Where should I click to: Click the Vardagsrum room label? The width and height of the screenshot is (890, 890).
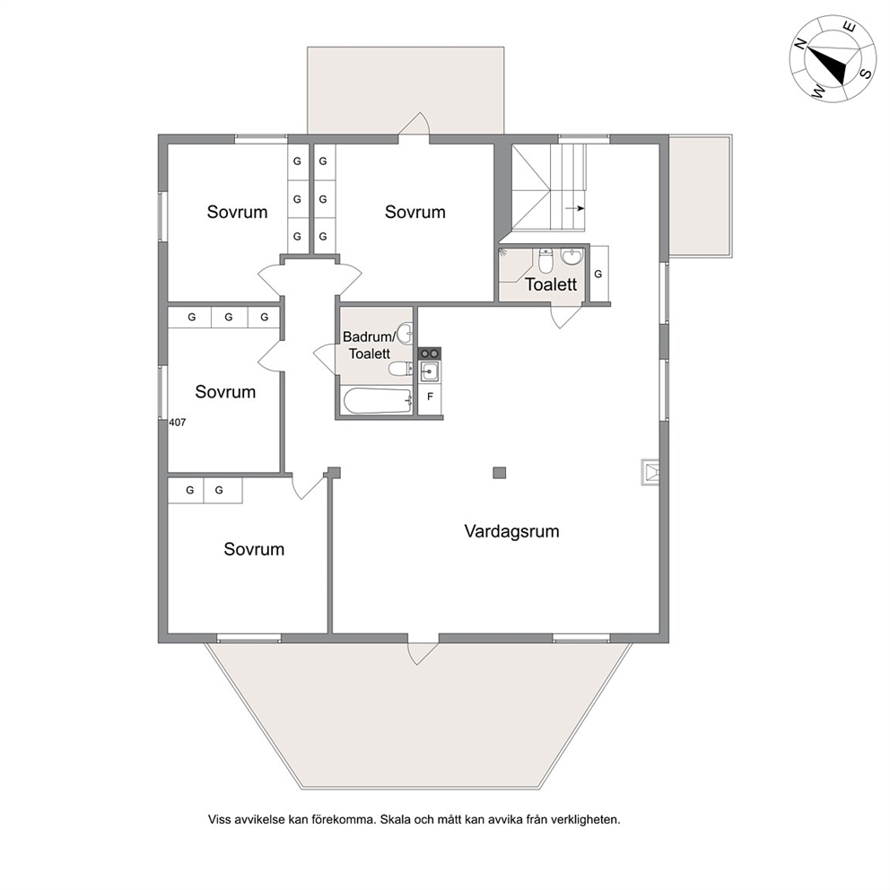pos(511,531)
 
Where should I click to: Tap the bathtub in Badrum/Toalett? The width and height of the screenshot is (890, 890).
pos(378,401)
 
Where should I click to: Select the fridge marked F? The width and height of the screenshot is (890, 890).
pos(430,397)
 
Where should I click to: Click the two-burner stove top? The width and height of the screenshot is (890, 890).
pos(430,353)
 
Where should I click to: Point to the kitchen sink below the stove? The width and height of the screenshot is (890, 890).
pos(430,372)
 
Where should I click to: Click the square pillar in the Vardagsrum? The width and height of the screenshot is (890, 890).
pos(500,472)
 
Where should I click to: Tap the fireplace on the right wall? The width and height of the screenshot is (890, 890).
pos(650,472)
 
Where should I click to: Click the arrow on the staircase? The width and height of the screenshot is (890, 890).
pos(575,208)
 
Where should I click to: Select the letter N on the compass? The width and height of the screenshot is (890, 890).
pos(801,44)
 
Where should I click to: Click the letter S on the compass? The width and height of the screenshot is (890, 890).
pos(866,74)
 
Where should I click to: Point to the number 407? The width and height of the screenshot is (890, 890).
pos(177,423)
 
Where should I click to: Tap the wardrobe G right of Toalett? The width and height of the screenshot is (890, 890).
pos(598,274)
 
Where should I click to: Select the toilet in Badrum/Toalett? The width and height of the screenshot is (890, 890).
pos(401,369)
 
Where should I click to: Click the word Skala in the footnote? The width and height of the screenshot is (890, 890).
pos(396,820)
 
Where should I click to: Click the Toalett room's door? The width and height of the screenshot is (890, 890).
pos(566,317)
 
